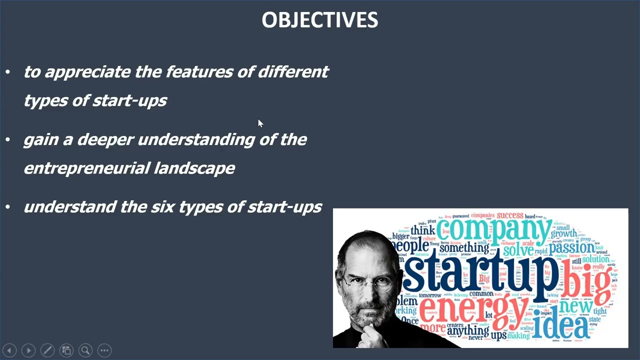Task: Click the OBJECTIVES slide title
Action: pyautogui.click(x=320, y=20)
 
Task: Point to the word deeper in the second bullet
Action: pyautogui.click(x=105, y=140)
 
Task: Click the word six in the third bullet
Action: pyautogui.click(x=162, y=207)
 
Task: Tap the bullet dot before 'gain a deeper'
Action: pyautogui.click(x=7, y=140)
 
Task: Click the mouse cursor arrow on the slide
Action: pyautogui.click(x=260, y=123)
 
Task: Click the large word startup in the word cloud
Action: pyautogui.click(x=480, y=272)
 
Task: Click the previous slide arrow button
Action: pyautogui.click(x=9, y=350)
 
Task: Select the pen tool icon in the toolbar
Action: pyautogui.click(x=47, y=350)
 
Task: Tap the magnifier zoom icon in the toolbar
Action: pyautogui.click(x=85, y=350)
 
